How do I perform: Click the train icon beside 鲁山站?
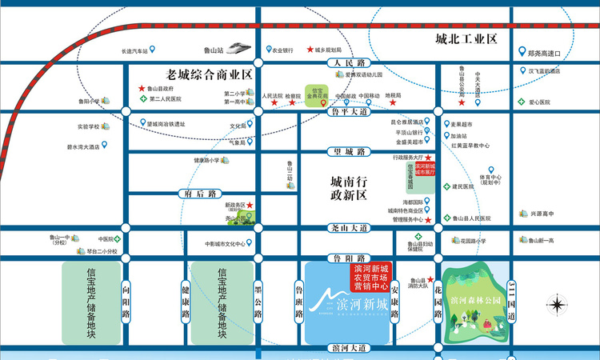click(238, 49)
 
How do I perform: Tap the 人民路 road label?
click(349, 62)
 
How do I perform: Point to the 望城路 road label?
click(349, 151)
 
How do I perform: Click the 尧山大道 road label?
click(349, 228)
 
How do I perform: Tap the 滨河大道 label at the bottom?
click(349, 348)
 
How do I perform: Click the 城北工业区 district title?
click(467, 39)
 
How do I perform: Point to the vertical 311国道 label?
click(513, 298)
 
